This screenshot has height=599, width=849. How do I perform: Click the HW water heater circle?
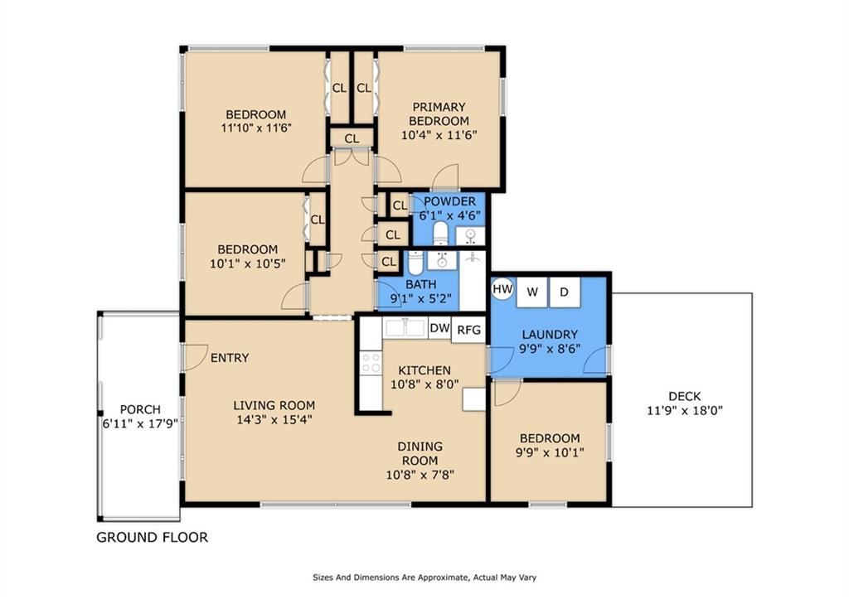502,289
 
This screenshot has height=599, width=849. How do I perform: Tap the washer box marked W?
531,292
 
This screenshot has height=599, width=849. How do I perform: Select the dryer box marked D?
565,292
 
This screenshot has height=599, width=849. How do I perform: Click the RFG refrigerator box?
469,330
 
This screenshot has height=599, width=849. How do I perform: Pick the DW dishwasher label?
439,328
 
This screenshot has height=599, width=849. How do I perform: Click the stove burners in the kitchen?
371,363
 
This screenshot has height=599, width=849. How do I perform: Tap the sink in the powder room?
470,236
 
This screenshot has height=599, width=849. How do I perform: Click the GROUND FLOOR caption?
153,538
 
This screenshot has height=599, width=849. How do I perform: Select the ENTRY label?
230,358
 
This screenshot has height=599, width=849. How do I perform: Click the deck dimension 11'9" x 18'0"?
685,411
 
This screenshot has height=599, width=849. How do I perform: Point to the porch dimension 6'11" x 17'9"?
141,423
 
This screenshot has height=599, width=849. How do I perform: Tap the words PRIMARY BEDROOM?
439,114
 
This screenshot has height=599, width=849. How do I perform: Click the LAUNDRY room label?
550,335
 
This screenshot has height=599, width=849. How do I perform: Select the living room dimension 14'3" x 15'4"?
274,419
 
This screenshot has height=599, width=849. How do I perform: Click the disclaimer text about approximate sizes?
424,577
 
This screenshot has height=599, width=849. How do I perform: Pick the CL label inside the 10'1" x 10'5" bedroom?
318,220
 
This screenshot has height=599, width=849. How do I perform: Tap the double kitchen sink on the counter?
405,327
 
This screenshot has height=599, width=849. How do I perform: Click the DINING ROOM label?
420,453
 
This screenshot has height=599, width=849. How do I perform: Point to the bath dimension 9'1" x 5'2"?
420,298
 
